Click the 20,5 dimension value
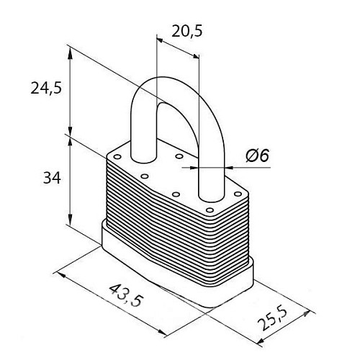click(x=187, y=32)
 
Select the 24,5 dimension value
click(x=46, y=89)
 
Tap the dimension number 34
click(x=52, y=179)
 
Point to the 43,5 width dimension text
click(x=127, y=295)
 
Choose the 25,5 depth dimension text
click(x=273, y=318)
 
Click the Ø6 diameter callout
click(x=257, y=156)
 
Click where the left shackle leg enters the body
click(x=143, y=159)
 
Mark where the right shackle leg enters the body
click(x=211, y=197)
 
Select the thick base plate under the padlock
click(x=178, y=271)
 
